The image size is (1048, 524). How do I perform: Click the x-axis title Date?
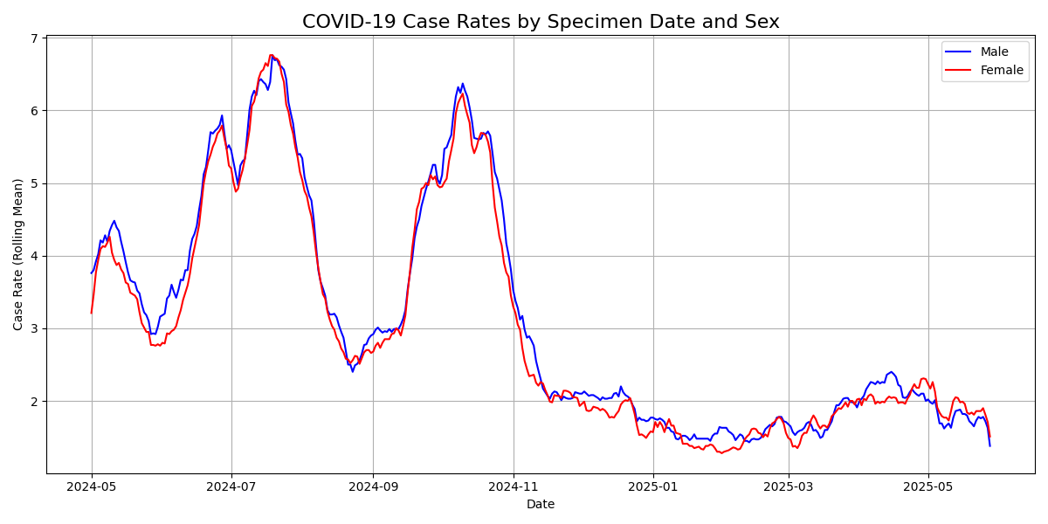[541, 504]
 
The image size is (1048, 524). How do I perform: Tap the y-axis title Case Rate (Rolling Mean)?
[18, 254]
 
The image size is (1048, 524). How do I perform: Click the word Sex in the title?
[760, 22]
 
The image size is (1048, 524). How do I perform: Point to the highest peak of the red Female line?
[271, 55]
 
